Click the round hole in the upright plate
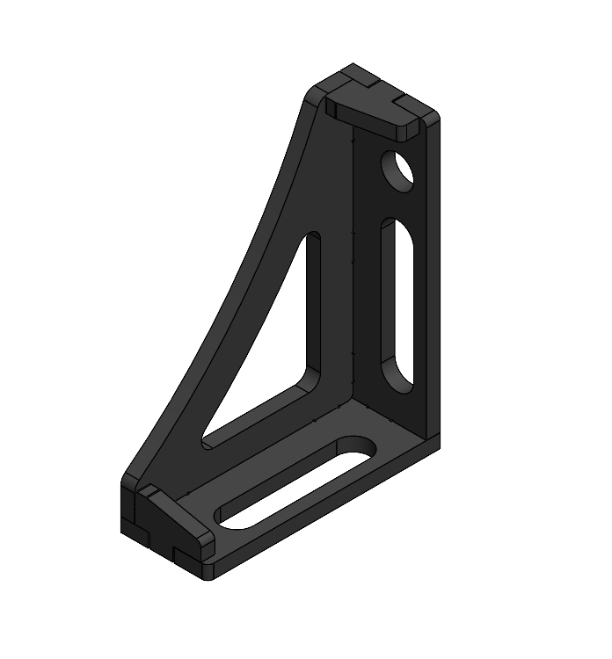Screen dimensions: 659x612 pos(397,169)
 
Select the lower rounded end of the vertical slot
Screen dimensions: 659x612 pos(397,378)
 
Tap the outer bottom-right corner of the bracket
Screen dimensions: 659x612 pos(437,445)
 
